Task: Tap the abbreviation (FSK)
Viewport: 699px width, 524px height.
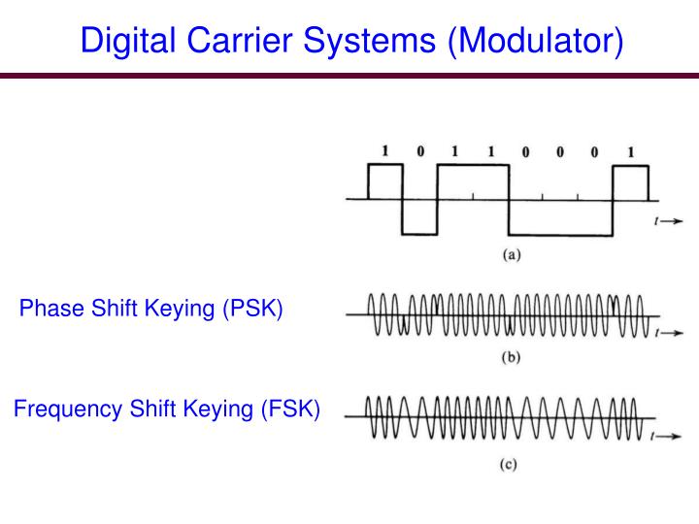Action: point(288,409)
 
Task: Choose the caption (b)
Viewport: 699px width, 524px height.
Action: point(511,356)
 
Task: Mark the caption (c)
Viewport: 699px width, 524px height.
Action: point(508,464)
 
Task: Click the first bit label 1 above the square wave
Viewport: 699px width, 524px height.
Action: point(384,150)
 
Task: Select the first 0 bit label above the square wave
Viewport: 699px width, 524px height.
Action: point(419,150)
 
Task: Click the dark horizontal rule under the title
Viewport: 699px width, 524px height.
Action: point(349,76)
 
